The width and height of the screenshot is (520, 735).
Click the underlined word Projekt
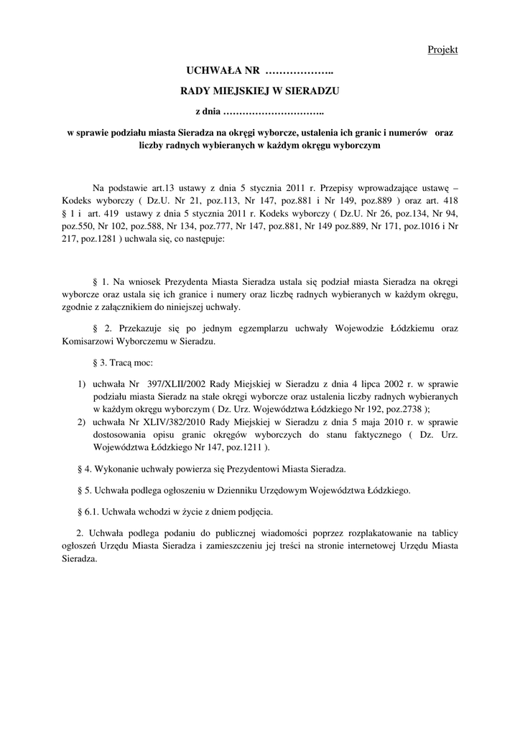pos(442,50)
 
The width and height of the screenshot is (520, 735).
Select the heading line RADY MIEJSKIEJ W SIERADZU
pos(259,92)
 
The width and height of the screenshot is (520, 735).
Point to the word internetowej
pos(364,546)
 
